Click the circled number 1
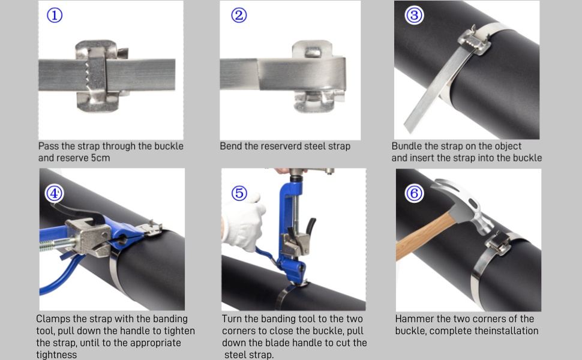(x=55, y=15)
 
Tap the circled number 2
(x=239, y=15)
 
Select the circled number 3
(x=414, y=15)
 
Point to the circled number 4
(x=55, y=193)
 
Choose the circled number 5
(x=239, y=193)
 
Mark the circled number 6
(x=414, y=193)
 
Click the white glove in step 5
(x=243, y=223)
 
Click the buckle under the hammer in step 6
(x=498, y=243)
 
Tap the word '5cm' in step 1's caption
(x=100, y=158)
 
